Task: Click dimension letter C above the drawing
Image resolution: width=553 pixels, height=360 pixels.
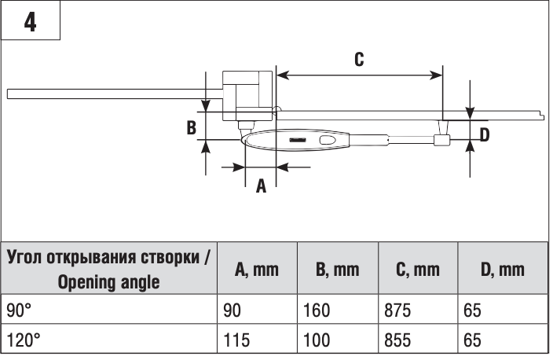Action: tap(358, 60)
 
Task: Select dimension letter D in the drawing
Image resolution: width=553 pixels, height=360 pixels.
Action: tap(484, 135)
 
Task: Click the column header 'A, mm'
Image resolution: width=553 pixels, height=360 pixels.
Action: tap(257, 270)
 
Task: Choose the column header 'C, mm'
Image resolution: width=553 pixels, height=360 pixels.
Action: tap(417, 270)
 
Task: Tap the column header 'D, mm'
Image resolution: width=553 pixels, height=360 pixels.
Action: tap(502, 270)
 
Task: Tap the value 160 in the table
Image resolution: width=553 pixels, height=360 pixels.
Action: tap(317, 311)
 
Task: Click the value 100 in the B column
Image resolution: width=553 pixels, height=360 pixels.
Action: tap(317, 342)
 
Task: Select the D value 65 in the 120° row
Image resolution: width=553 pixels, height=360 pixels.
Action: tap(471, 342)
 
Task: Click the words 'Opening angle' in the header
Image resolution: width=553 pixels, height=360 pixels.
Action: tap(108, 282)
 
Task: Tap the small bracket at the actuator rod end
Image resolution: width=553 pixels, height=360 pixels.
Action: tap(441, 140)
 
